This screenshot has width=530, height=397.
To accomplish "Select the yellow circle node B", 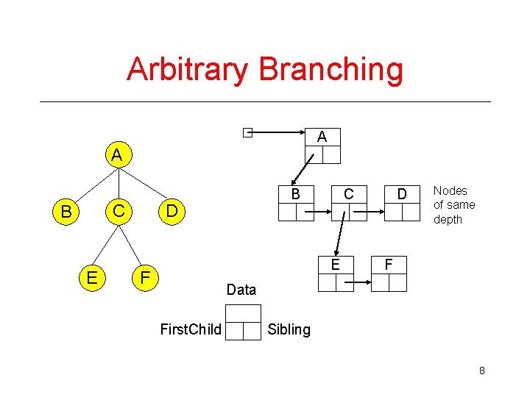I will pyautogui.click(x=66, y=212).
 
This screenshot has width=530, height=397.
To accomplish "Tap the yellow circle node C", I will pyautogui.click(x=116, y=212).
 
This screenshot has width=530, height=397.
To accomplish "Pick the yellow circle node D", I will pyautogui.click(x=171, y=212).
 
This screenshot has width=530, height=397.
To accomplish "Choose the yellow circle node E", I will pyautogui.click(x=92, y=276).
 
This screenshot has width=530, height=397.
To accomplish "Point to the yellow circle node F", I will pyautogui.click(x=146, y=276).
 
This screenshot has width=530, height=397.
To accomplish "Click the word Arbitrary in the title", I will pyautogui.click(x=189, y=70).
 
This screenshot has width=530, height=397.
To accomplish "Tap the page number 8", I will pyautogui.click(x=481, y=371).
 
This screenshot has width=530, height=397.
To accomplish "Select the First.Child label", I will pyautogui.click(x=191, y=329).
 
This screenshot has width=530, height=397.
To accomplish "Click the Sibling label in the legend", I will pyautogui.click(x=289, y=329).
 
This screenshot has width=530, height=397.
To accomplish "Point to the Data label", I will pyautogui.click(x=241, y=290).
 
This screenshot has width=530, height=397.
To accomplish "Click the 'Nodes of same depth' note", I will pyautogui.click(x=454, y=205).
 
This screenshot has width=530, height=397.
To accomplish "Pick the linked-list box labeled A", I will pyautogui.click(x=322, y=145).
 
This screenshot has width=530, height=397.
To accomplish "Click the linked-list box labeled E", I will pyautogui.click(x=335, y=273).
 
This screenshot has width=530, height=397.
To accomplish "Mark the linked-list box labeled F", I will pyautogui.click(x=389, y=273).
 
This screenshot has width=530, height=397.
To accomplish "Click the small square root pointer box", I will pyautogui.click(x=248, y=133).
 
